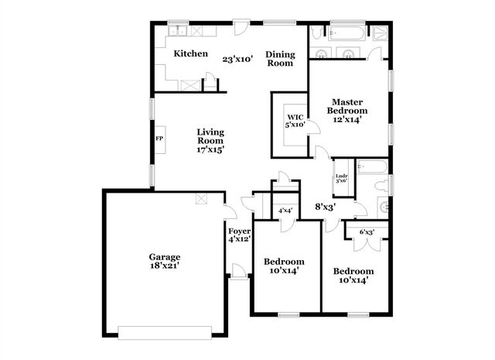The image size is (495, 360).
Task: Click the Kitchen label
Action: [x=190, y=53]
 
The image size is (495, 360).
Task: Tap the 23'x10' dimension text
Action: [x=238, y=59]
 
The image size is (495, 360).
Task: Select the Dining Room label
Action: [x=280, y=59]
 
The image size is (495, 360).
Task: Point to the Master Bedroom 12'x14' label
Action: [x=347, y=111]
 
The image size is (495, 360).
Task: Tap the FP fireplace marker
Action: [x=160, y=139]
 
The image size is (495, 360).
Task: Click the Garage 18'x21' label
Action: [x=165, y=262]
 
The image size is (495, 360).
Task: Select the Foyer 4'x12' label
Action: [x=239, y=235]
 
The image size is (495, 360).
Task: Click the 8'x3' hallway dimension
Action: [x=326, y=207]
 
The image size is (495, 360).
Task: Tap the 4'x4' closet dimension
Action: [x=285, y=211]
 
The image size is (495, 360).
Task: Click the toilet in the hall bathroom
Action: [x=381, y=186]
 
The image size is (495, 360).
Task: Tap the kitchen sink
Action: [x=179, y=32]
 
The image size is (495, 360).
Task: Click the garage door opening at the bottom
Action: [x=166, y=333]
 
